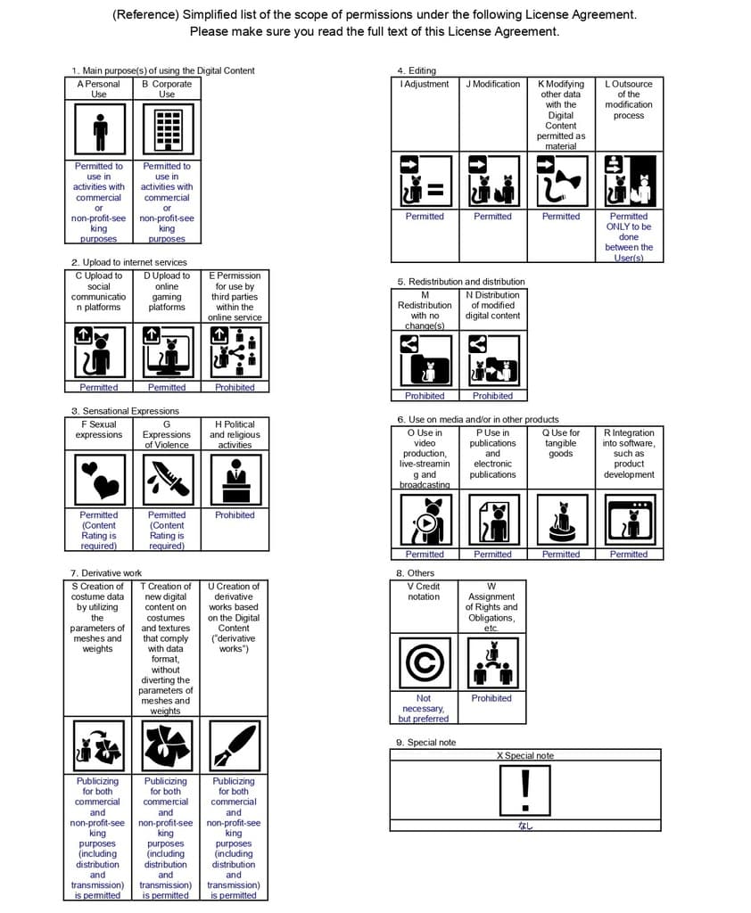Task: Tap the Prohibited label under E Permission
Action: (235, 388)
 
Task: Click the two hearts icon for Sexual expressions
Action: (99, 479)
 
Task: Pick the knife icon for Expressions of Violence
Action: (167, 479)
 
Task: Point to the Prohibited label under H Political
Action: (235, 515)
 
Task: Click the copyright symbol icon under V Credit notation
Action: (424, 662)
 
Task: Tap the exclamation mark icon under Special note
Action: (525, 789)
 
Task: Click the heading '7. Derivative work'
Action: (106, 572)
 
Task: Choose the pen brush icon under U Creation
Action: (234, 745)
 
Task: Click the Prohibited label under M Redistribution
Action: (425, 396)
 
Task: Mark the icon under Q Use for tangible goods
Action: (561, 519)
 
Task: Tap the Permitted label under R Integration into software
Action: (629, 555)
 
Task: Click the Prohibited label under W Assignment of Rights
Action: (491, 698)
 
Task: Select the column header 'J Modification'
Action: (492, 84)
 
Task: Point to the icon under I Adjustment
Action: (425, 180)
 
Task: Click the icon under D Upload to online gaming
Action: (167, 351)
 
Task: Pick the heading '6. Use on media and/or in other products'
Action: (478, 419)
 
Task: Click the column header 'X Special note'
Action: (525, 756)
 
